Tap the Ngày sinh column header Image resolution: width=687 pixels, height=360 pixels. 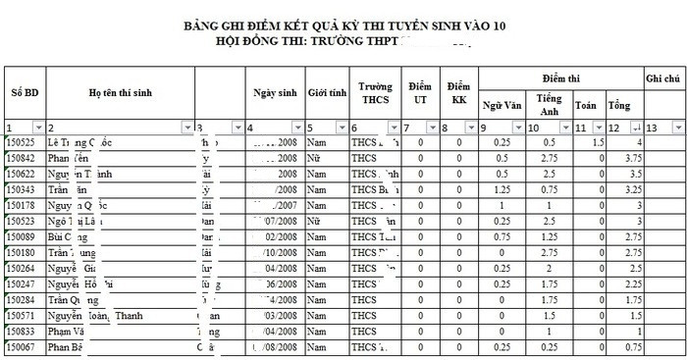pyautogui.click(x=275, y=92)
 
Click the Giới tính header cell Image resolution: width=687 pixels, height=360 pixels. pyautogui.click(x=327, y=92)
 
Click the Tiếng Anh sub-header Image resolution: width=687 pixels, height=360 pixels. pyautogui.click(x=549, y=104)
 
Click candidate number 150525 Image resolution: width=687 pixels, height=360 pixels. pyautogui.click(x=22, y=142)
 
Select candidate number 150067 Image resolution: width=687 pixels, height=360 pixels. pyautogui.click(x=22, y=347)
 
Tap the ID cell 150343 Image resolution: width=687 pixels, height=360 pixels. pyautogui.click(x=22, y=189)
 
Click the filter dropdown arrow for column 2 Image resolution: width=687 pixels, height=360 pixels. pyautogui.click(x=186, y=128)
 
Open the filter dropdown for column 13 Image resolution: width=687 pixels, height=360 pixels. pyautogui.click(x=678, y=128)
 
